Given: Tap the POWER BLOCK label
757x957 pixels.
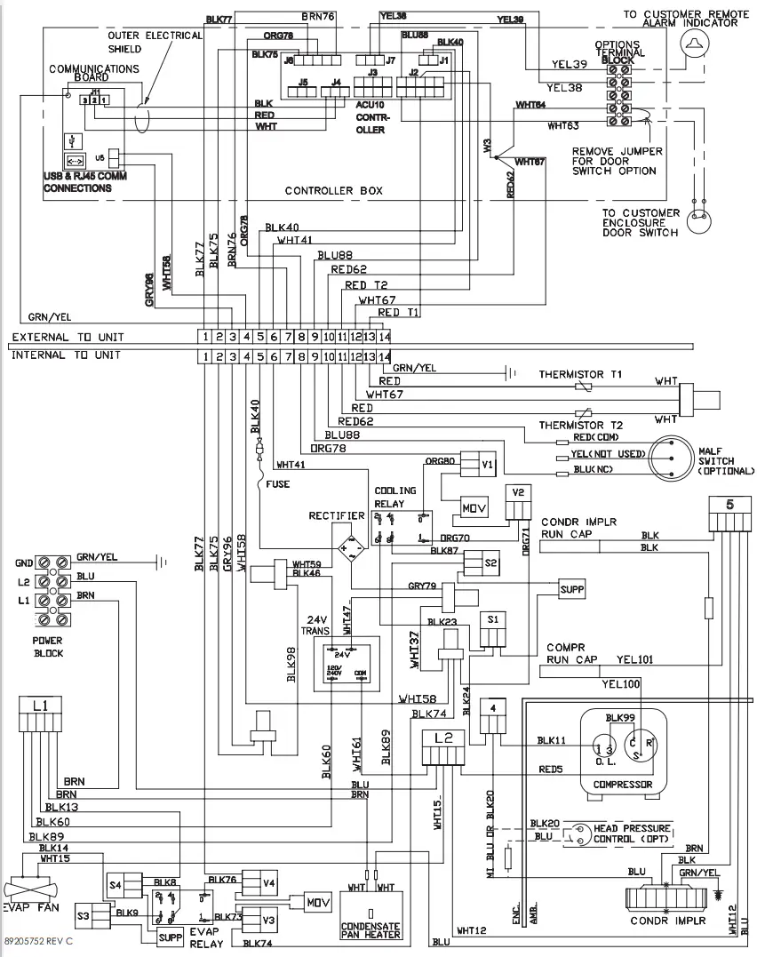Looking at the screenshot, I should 47,646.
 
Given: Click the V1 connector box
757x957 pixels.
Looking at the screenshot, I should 485,466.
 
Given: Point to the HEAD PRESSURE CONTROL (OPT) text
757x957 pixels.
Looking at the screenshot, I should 632,833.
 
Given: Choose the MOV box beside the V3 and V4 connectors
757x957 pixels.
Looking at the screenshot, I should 318,903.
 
